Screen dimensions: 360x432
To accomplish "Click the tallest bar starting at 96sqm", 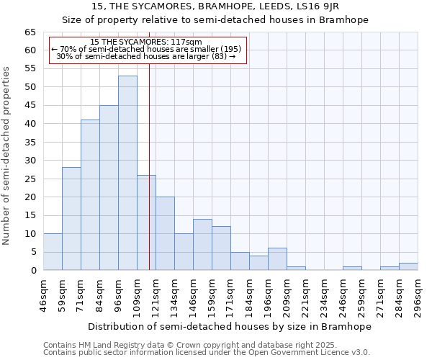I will click(127, 173).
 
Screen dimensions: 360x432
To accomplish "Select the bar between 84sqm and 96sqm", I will click(109, 188).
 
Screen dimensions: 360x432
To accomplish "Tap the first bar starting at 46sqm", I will click(53, 252).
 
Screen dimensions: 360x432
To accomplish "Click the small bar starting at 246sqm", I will click(352, 269).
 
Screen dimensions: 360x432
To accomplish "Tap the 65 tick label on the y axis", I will click(30, 32).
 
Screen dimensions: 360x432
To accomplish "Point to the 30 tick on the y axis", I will click(30, 161).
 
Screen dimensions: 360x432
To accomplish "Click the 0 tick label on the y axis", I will click(32, 271).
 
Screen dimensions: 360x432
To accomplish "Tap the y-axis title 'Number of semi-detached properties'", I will click(7, 156).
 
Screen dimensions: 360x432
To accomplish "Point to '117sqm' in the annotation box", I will click(189, 42).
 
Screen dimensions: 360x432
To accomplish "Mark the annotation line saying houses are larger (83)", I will click(146, 56).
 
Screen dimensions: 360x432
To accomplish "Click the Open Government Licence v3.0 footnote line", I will click(207, 353).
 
